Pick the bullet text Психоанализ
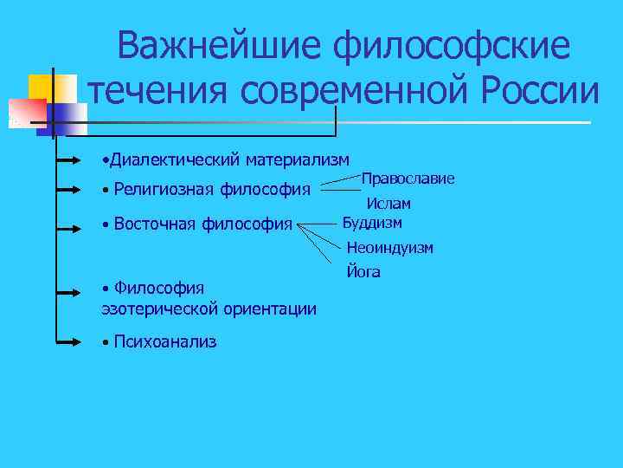(x=164, y=341)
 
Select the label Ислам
(x=388, y=204)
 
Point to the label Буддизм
(x=372, y=223)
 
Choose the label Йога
(x=363, y=272)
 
